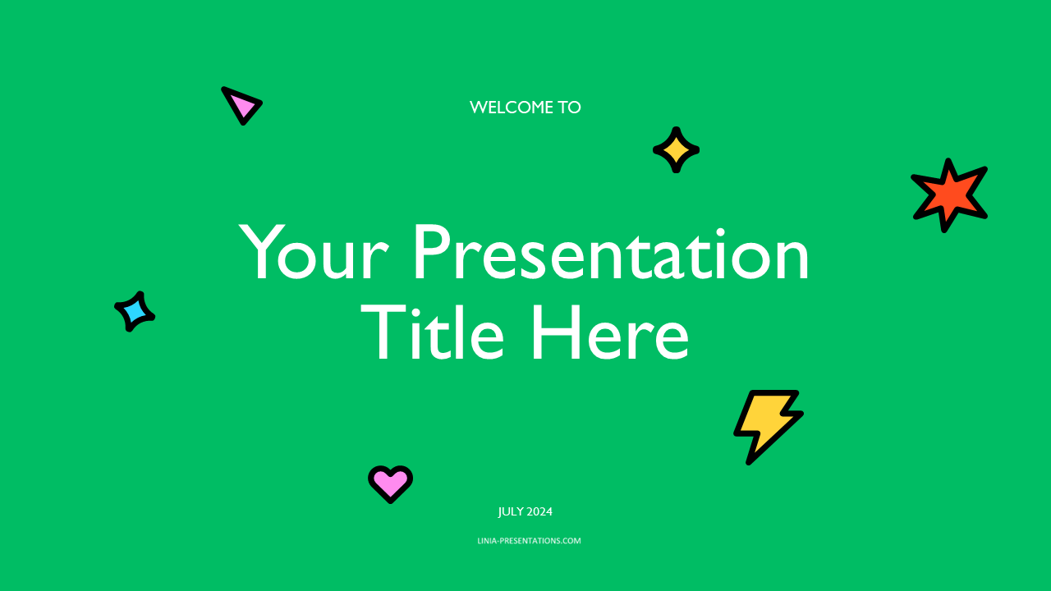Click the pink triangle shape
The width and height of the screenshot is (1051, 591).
241,106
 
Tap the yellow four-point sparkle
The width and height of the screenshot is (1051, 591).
676,150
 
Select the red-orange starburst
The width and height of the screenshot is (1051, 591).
949,195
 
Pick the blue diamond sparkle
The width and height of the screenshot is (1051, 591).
135,311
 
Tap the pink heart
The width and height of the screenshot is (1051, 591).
390,483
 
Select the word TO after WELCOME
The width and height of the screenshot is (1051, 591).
569,108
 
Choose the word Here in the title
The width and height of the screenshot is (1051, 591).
610,332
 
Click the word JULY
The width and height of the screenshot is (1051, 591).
510,511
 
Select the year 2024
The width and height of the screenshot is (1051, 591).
539,511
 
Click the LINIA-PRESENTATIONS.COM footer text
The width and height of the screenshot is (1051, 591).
530,541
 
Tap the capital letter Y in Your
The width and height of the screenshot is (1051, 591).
262,252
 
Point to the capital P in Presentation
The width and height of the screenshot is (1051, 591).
431,252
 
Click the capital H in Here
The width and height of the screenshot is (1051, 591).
554,332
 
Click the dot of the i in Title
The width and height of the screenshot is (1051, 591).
416,308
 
